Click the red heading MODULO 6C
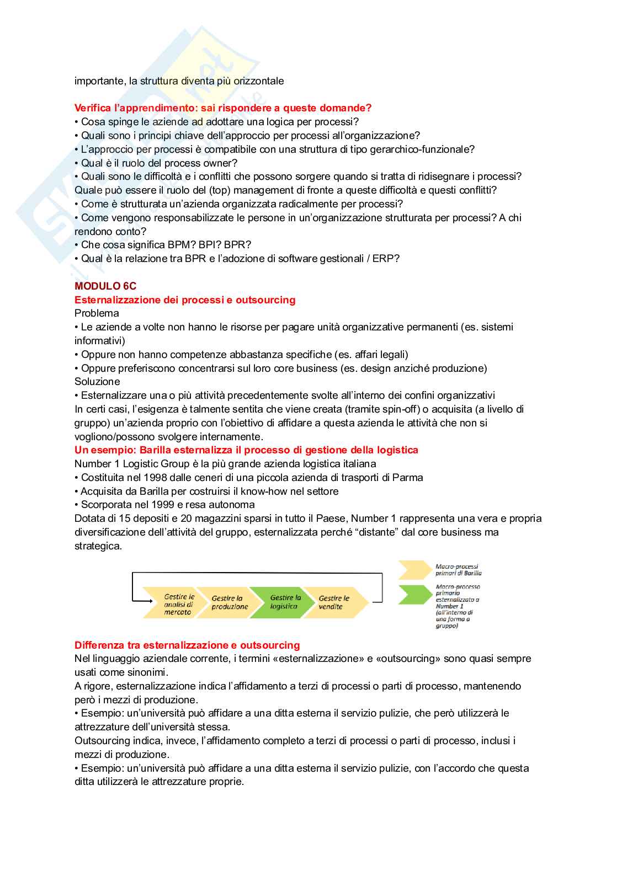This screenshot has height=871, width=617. tap(105, 286)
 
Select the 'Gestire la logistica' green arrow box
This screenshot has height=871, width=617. tap(284, 602)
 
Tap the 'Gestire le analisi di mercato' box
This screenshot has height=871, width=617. tap(178, 604)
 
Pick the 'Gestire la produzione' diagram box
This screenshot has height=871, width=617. tap(230, 602)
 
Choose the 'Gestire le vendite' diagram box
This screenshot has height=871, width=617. tap(333, 602)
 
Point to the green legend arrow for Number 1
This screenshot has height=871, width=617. tap(415, 595)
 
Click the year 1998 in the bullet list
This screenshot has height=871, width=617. tap(156, 478)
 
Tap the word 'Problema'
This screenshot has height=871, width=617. tap(97, 313)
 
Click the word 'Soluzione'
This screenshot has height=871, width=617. tap(97, 382)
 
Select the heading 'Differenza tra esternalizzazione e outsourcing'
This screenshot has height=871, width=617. tap(187, 645)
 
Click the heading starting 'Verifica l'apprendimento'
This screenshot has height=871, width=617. tap(223, 108)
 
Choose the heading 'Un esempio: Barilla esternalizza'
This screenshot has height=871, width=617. tap(246, 450)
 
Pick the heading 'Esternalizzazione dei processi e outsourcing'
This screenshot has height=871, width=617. tap(185, 300)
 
